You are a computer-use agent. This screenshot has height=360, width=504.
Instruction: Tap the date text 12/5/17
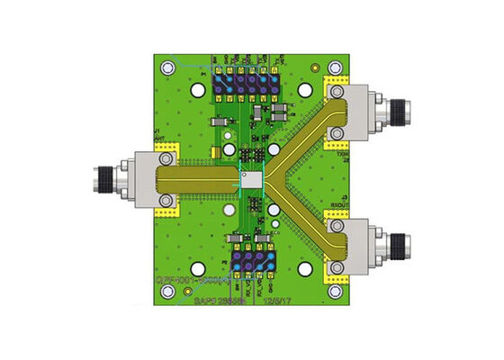pos(275,303)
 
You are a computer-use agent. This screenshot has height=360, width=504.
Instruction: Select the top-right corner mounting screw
pos(335,67)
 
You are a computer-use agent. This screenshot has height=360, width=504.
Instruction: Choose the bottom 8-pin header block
pos(252,264)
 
